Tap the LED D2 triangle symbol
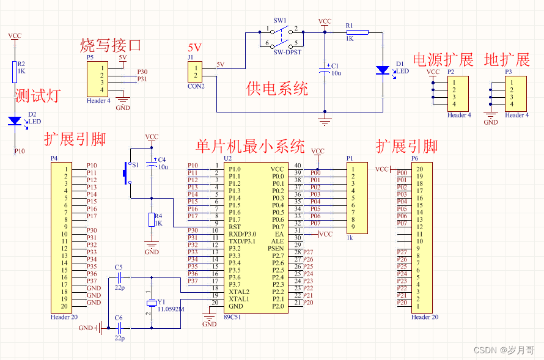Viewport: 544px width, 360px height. (15, 121)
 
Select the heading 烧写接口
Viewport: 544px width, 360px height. (111, 45)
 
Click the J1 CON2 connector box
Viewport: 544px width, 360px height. (196, 72)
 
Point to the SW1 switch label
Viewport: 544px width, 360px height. (280, 20)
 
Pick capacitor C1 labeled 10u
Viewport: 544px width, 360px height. (325, 71)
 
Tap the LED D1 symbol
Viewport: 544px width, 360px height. (383, 70)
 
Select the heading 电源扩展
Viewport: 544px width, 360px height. (443, 60)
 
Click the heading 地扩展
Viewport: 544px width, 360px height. (507, 60)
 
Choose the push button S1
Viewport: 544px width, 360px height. (127, 173)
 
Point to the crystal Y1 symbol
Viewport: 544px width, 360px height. (150, 304)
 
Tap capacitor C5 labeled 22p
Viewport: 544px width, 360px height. (119, 279)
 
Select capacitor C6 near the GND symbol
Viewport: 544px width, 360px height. (119, 328)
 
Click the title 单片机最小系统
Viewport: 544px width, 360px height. (250, 147)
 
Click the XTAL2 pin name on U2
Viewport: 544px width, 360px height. (238, 292)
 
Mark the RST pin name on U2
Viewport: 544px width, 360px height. (234, 227)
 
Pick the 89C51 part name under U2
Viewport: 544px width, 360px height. (233, 317)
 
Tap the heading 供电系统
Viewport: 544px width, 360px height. (277, 89)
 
